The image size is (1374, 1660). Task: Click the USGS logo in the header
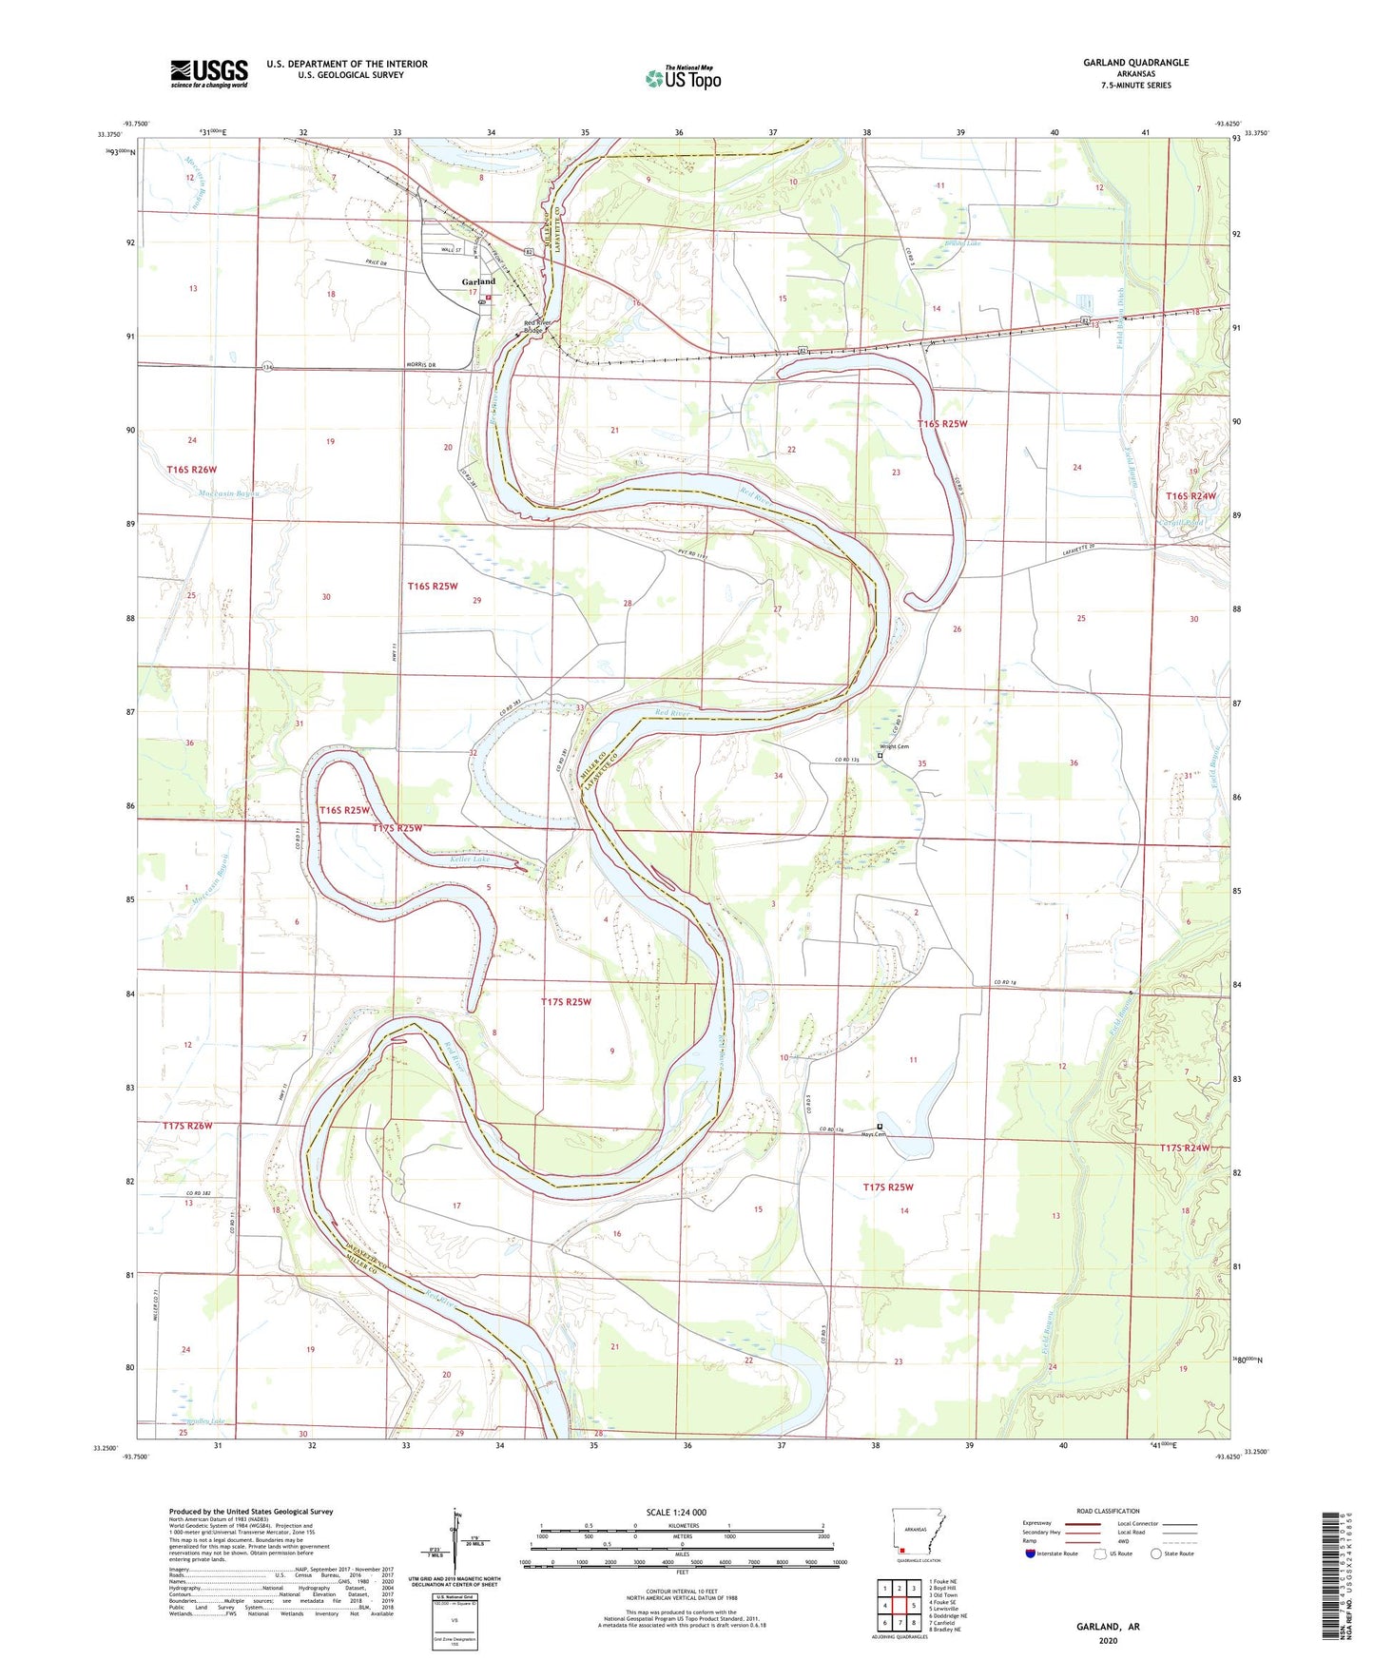click(x=209, y=72)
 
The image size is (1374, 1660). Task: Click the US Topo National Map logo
click(x=683, y=78)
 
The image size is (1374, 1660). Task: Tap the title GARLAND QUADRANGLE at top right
click(x=1135, y=63)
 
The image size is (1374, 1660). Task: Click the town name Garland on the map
click(x=478, y=282)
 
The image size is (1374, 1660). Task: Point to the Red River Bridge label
click(x=537, y=327)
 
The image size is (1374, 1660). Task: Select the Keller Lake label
click(x=470, y=859)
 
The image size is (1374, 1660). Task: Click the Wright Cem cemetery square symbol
click(x=880, y=756)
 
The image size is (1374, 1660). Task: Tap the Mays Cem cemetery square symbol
click(x=880, y=1127)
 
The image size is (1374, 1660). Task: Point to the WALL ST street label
click(x=451, y=250)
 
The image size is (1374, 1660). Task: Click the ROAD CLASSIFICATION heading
click(x=1108, y=1511)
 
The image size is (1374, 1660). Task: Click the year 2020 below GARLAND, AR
click(x=1108, y=1640)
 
